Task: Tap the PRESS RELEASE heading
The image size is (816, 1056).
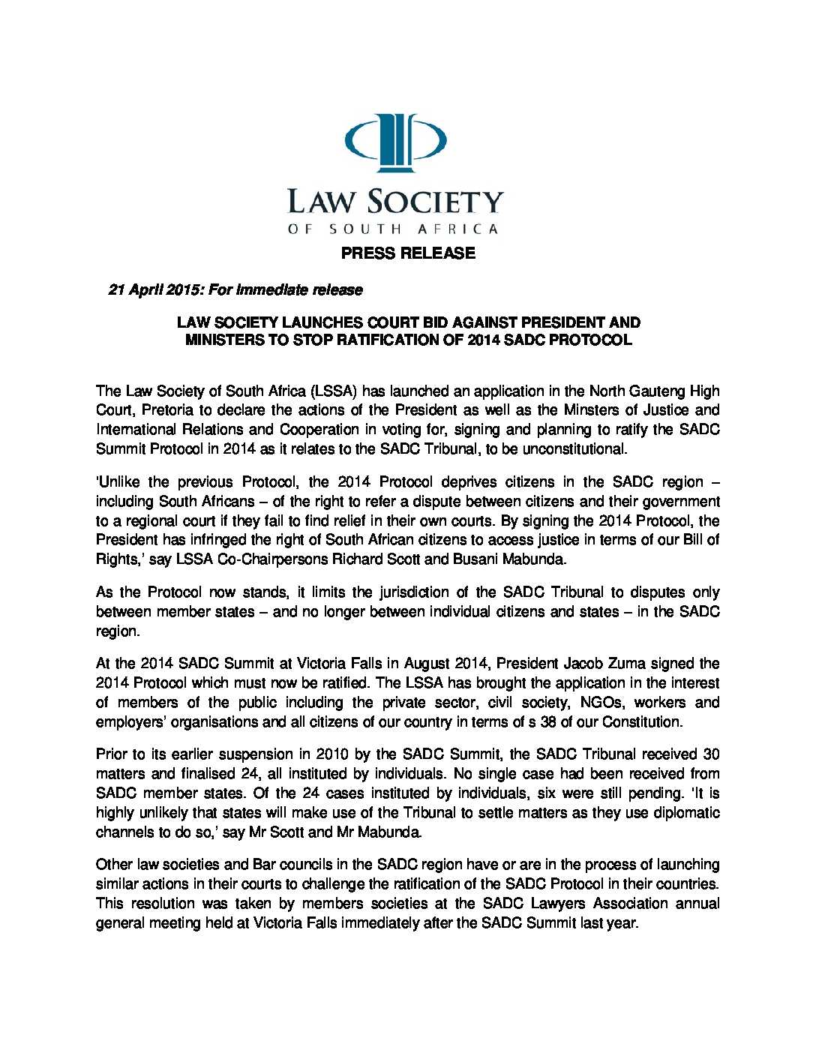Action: (x=408, y=253)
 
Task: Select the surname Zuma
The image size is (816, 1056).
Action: (x=606, y=664)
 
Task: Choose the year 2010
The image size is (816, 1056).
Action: (x=332, y=754)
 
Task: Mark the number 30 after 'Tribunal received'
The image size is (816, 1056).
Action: (x=710, y=754)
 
